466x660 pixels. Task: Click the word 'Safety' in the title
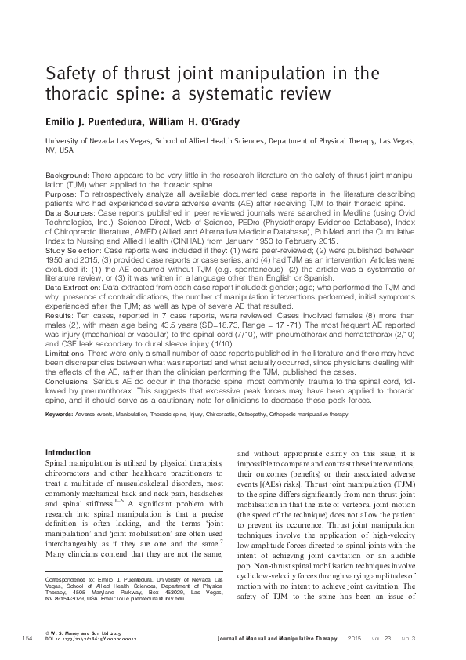(72, 76)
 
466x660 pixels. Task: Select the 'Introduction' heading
(68, 452)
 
